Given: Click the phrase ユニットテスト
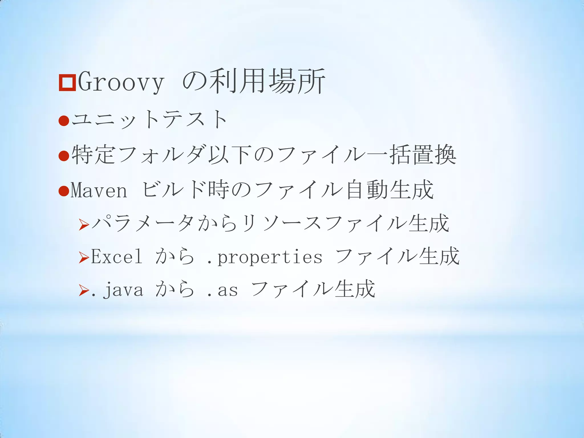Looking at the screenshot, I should point(149,119).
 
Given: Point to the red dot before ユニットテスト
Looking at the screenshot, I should point(64,121).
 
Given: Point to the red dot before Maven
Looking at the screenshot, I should point(64,191).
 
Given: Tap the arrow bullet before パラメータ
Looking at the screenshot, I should point(84,225).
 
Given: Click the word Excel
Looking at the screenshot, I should point(116,256).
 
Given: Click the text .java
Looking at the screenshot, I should point(117,290).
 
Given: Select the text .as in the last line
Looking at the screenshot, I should point(222,290).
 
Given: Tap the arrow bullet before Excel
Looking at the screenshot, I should point(84,258).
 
